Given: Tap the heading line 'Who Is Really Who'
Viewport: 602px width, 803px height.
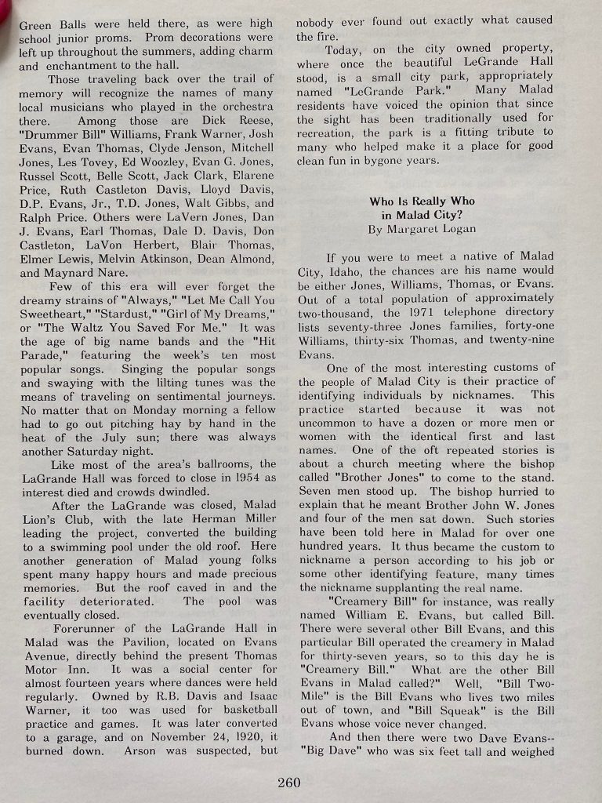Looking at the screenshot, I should pyautogui.click(x=422, y=202).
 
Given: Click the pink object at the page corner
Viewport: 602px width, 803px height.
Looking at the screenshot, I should pyautogui.click(x=5, y=9).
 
